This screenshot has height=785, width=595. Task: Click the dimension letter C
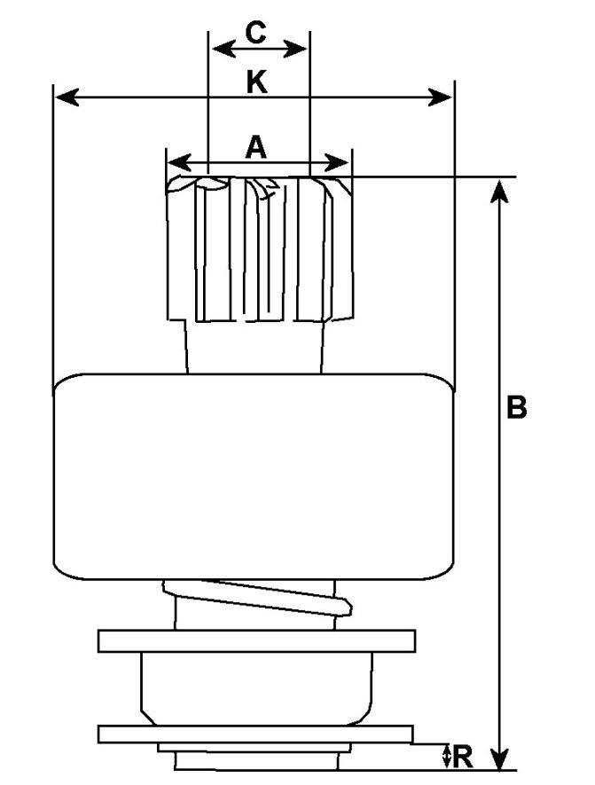[x=255, y=33]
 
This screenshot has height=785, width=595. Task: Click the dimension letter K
[x=255, y=82]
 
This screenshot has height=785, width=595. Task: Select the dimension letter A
[x=255, y=147]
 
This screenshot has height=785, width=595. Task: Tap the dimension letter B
[x=517, y=408]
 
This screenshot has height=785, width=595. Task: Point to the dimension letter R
[x=463, y=757]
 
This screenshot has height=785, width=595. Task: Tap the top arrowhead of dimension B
[x=501, y=188]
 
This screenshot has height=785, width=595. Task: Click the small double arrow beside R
[x=445, y=757]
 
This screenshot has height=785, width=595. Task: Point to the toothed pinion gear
[x=257, y=248]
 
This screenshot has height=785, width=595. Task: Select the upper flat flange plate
[x=257, y=640]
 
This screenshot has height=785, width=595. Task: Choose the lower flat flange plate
[x=255, y=734]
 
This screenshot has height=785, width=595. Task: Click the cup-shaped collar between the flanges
[x=255, y=685]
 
